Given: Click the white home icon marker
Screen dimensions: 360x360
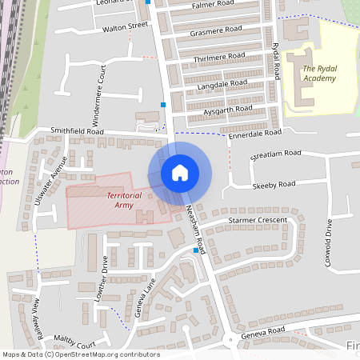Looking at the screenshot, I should pyautogui.click(x=180, y=172).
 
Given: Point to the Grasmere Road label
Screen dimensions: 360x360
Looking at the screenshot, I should pyautogui.click(x=217, y=31).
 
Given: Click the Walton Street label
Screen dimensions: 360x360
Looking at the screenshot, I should pyautogui.click(x=126, y=26).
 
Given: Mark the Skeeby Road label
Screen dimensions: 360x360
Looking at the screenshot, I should pyautogui.click(x=274, y=185).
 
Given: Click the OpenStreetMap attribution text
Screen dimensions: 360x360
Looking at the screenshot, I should pyautogui.click(x=80, y=354).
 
